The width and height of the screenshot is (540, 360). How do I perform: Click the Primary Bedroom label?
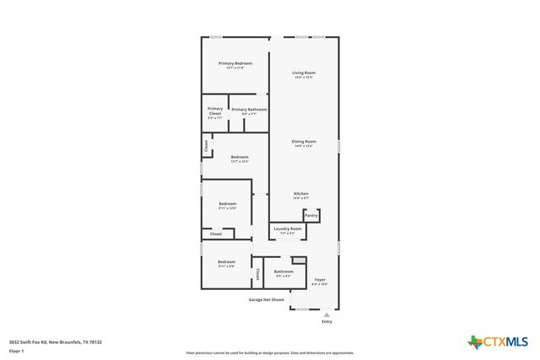click(x=235, y=64)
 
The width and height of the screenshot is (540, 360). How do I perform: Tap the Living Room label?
click(x=304, y=73)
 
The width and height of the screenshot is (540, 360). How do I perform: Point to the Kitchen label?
click(x=301, y=194)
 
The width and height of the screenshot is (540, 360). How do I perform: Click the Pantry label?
click(x=310, y=215)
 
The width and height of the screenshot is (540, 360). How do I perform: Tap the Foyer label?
click(x=320, y=279)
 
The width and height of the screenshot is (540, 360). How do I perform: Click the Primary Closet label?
click(x=215, y=110)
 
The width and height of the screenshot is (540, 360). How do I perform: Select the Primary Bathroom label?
click(x=250, y=110)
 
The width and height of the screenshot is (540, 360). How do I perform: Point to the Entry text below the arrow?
click(x=327, y=321)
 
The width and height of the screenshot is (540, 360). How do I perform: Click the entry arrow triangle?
click(x=327, y=314)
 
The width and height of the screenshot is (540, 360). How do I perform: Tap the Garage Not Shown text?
click(x=264, y=299)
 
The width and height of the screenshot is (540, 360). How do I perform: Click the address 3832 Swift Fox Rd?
click(x=56, y=341)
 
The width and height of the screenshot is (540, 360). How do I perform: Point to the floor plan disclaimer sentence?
click(x=270, y=352)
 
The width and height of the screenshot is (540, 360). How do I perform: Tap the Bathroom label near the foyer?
click(x=283, y=271)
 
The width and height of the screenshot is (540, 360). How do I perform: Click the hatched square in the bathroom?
click(x=298, y=261)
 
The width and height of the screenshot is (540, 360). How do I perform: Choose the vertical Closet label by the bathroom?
click(x=257, y=273)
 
